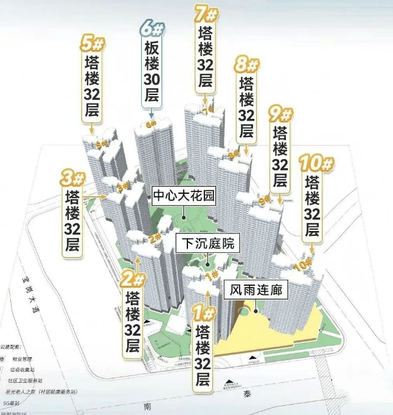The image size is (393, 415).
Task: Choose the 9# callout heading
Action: point(280,114)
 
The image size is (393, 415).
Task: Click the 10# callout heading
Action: point(313,164)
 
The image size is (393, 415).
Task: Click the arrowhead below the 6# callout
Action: point(151,112)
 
